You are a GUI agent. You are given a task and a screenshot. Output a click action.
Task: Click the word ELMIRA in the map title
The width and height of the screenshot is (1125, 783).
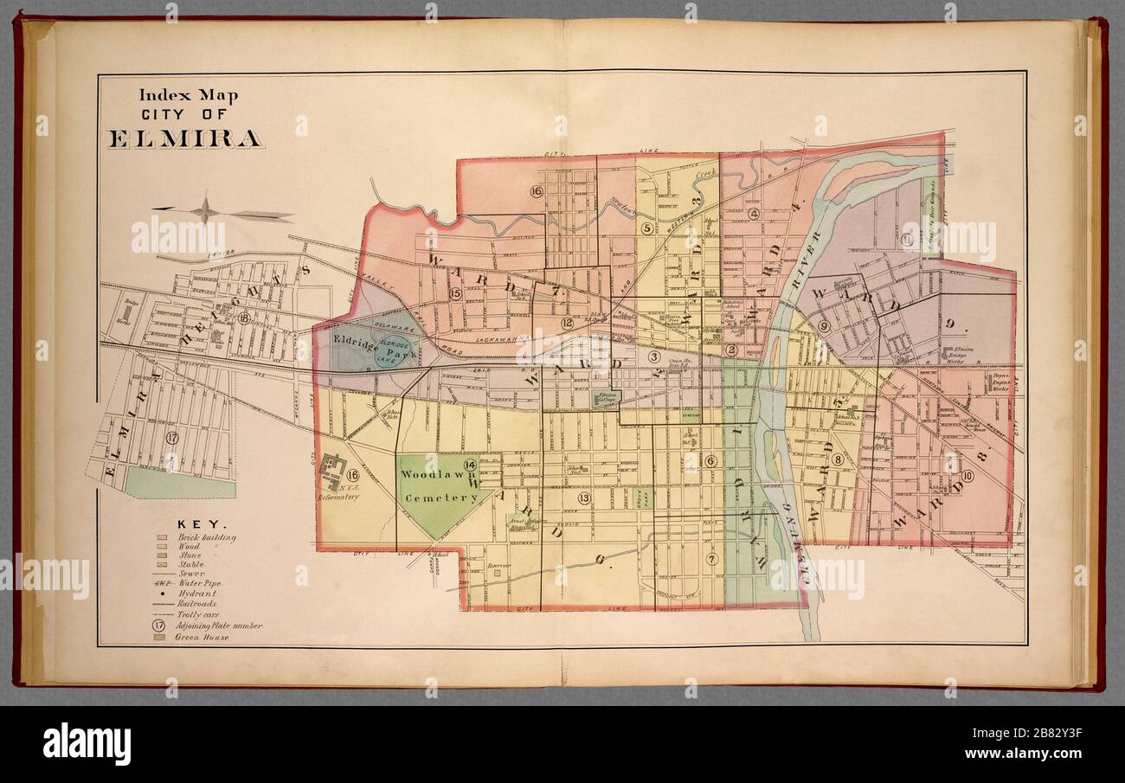185,138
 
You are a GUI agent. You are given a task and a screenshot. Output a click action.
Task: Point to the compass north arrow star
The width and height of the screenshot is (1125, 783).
206,209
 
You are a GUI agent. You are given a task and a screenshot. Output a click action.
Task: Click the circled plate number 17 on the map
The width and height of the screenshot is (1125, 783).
172,438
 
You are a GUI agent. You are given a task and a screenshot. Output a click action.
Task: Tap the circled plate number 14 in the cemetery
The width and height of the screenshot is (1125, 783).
470,465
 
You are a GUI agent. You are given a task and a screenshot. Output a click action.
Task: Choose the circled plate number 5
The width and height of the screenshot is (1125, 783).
646,228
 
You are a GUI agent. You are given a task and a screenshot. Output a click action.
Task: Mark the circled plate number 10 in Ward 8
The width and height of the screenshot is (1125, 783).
967,476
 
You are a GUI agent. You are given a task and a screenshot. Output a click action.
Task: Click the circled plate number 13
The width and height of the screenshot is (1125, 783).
585,497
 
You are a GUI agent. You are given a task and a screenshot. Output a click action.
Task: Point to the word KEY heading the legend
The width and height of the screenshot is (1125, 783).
202,524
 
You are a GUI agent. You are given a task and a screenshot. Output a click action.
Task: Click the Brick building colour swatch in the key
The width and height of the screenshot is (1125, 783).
161,537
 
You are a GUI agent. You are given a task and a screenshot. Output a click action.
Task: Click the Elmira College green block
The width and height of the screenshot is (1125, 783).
605,398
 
